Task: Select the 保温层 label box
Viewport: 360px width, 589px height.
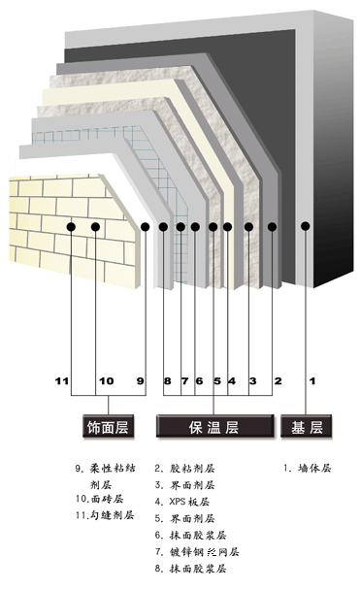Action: [213, 426]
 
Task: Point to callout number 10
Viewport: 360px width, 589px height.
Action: [107, 381]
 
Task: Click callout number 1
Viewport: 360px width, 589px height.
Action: [312, 381]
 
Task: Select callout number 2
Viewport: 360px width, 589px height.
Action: [278, 381]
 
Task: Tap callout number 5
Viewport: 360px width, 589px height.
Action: [216, 381]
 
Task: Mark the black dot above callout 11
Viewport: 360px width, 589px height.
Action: [72, 227]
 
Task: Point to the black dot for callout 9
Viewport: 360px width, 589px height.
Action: [144, 227]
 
